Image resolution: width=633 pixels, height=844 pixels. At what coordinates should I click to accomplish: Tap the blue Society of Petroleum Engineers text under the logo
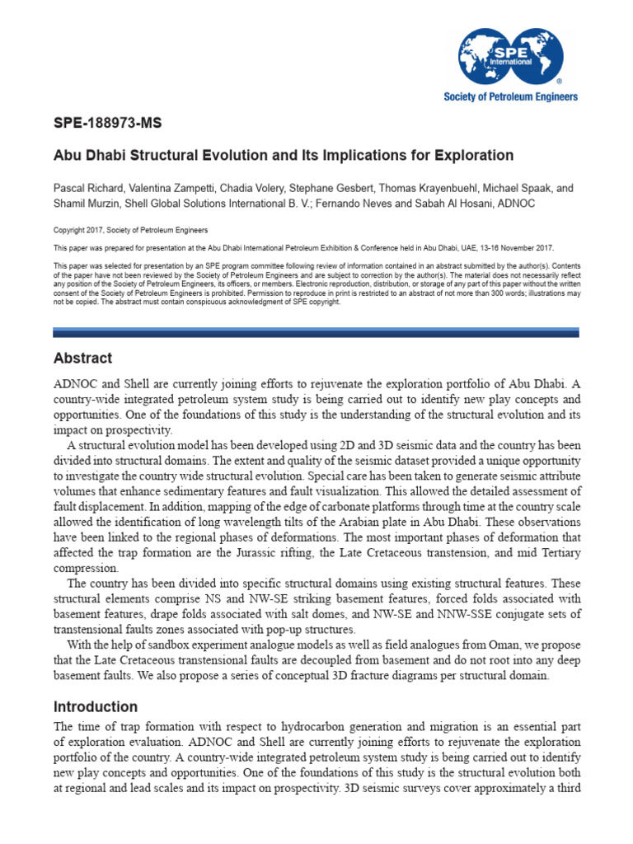pyautogui.click(x=512, y=96)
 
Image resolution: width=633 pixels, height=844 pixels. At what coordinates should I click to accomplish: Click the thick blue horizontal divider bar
pyautogui.click(x=316, y=332)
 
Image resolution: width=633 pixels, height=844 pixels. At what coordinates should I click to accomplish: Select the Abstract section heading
pyautogui.click(x=82, y=359)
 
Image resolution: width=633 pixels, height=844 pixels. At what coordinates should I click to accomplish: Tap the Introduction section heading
pyautogui.click(x=95, y=706)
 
